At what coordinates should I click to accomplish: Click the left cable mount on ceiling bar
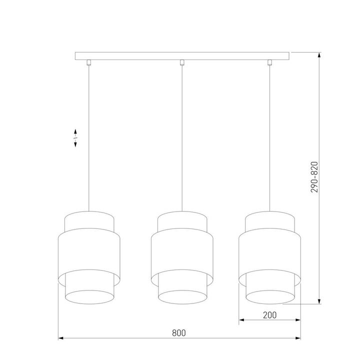pos(89,62)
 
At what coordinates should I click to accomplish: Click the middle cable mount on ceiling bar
pos(182,62)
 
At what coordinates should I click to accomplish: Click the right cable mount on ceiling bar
pos(269,62)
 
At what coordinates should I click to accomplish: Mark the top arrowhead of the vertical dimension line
pos(319,54)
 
